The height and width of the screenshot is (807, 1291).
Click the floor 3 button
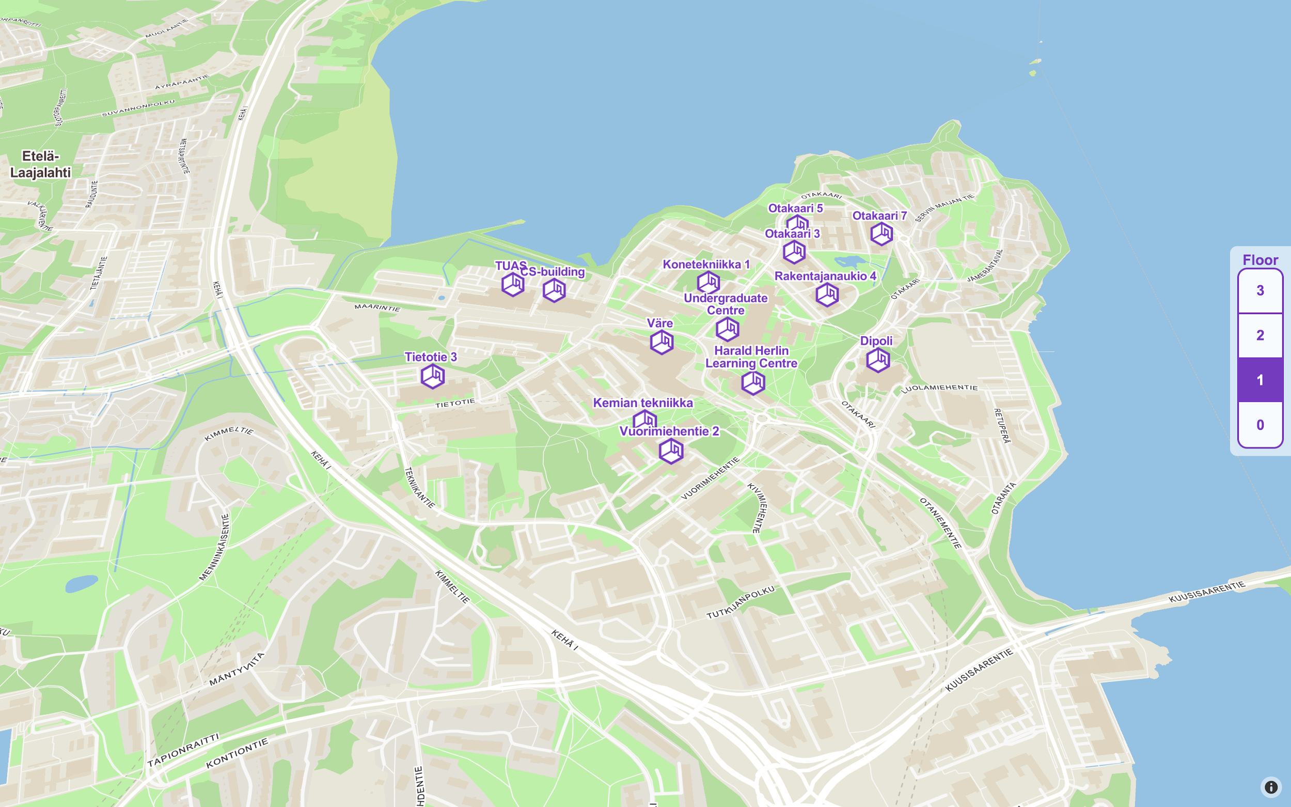point(1259,290)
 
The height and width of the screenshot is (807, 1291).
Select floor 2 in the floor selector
point(1259,335)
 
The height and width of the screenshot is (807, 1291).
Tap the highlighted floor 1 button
point(1259,380)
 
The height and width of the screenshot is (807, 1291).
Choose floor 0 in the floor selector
point(1259,425)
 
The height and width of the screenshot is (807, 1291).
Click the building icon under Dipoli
point(877,360)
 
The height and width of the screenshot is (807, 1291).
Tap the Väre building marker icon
point(662,342)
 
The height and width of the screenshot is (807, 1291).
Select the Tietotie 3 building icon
point(432,376)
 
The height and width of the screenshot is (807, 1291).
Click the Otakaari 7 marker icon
point(881,234)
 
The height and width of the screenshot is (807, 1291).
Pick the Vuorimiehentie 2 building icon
point(671,451)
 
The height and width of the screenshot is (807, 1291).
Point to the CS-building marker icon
point(554,290)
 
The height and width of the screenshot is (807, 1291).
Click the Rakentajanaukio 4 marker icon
point(827,294)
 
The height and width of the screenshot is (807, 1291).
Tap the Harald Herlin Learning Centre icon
point(753,382)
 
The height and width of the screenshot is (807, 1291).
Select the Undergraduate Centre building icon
point(727,329)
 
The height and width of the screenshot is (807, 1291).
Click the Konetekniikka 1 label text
point(706,264)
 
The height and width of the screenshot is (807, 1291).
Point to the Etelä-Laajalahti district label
point(41,164)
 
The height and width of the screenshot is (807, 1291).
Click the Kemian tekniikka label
point(643,403)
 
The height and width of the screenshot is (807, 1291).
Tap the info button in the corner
point(1271,787)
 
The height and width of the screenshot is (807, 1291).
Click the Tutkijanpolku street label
point(740,602)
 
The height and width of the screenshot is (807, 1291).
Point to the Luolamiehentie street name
point(939,389)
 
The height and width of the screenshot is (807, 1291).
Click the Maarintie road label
point(377,307)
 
